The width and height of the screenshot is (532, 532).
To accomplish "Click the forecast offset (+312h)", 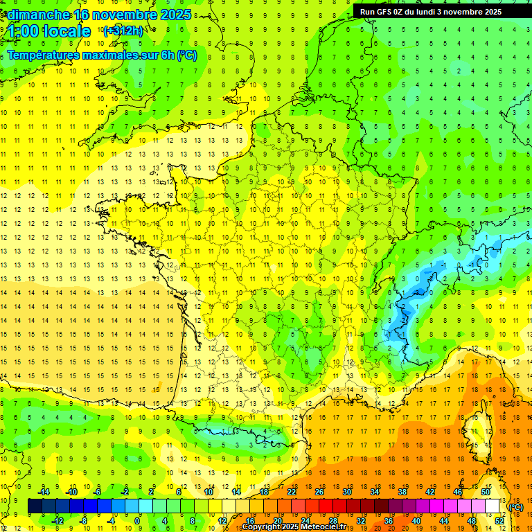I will (x=123, y=30).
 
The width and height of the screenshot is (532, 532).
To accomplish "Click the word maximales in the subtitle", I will (x=111, y=55).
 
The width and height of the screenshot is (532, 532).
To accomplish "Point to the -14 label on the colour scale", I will (x=45, y=492).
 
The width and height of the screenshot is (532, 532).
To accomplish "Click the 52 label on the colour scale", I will (x=499, y=521).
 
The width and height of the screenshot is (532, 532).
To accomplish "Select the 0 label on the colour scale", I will (x=137, y=521).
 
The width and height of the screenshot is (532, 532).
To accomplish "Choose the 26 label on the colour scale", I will (x=319, y=492).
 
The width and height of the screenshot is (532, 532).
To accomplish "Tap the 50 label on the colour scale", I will (x=485, y=492).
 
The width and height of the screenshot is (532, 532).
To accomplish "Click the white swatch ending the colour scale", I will (x=493, y=506).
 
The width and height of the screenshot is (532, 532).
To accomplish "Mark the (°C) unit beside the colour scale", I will (x=515, y=506).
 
